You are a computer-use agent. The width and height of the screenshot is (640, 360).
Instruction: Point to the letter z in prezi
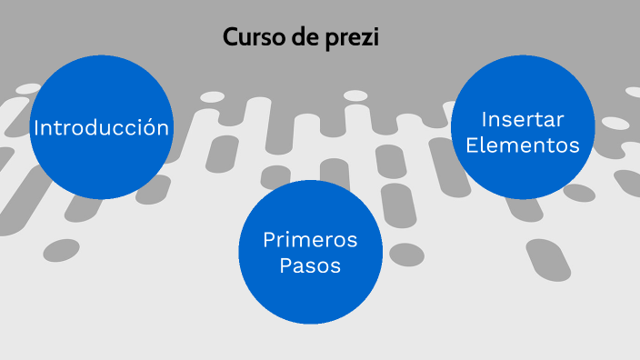click(x=367, y=39)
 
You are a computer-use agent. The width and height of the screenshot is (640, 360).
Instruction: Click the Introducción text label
click(x=101, y=128)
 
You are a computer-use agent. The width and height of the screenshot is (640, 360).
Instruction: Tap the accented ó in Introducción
click(x=146, y=128)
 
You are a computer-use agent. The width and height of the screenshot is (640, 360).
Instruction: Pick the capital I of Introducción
click(x=36, y=128)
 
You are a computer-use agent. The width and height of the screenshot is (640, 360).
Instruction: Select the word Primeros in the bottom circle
click(x=310, y=241)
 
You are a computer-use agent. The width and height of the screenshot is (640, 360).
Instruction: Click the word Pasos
click(x=310, y=267)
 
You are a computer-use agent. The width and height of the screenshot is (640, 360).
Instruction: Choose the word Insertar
click(x=523, y=119)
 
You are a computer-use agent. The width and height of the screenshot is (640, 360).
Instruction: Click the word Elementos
click(x=523, y=145)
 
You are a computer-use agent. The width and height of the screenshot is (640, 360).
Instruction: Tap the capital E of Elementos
click(x=472, y=145)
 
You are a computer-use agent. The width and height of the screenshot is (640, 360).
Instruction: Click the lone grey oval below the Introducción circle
click(x=61, y=249)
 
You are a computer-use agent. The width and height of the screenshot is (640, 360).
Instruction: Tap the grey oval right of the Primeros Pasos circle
click(x=406, y=255)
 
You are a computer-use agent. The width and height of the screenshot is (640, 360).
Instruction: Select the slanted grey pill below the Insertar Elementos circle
click(x=548, y=260)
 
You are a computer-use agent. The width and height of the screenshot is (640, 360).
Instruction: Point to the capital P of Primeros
click(x=268, y=241)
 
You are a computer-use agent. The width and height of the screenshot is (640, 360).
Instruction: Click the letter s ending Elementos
click(x=575, y=145)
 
